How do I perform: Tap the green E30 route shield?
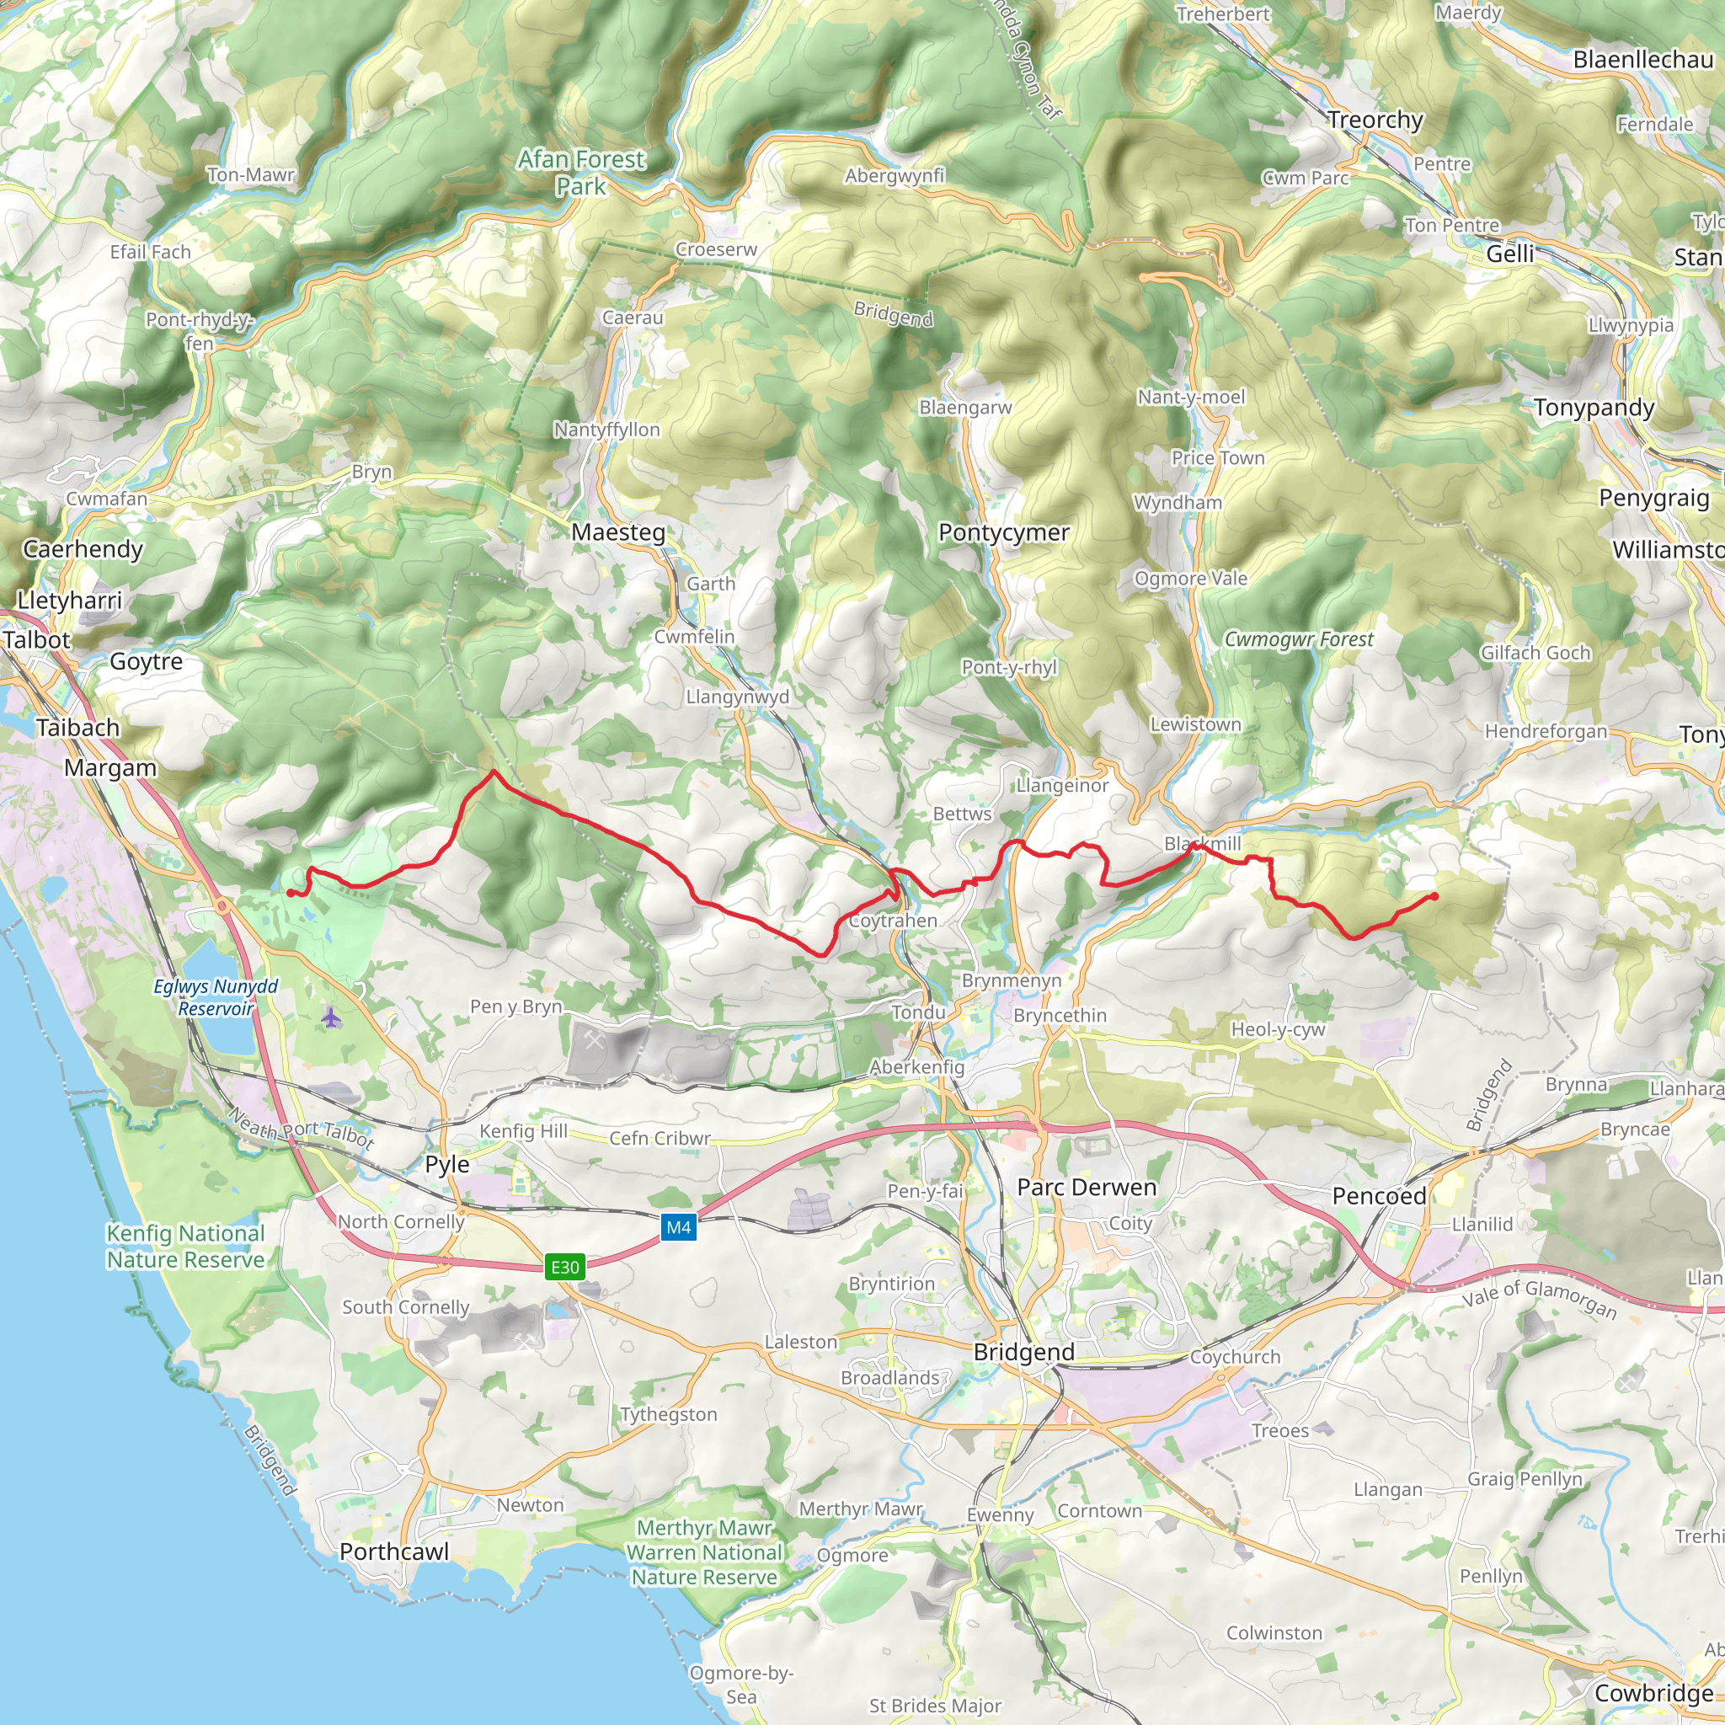565,1266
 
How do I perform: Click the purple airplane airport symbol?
331,1017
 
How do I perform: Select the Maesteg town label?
618,532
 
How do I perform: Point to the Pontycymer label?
1002,532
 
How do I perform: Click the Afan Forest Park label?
581,173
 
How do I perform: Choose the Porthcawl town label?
393,1551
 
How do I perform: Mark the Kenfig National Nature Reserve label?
185,1246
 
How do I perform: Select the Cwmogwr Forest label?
1298,639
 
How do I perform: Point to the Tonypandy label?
1594,407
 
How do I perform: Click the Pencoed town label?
1379,1195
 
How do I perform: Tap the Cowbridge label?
1653,1693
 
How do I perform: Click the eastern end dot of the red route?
1434,895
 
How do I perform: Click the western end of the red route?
291,893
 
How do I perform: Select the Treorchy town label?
1374,120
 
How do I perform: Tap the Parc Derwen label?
1087,1187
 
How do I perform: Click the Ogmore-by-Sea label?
741,1684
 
